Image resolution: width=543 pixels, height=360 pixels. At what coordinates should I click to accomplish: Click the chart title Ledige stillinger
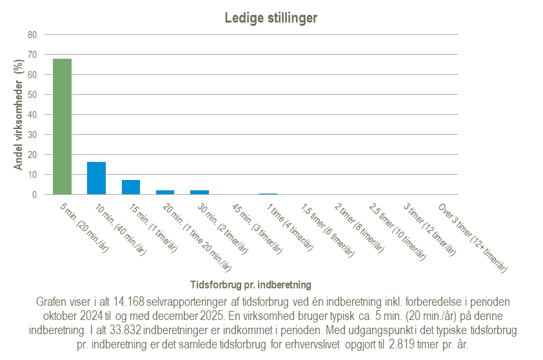(x=271, y=18)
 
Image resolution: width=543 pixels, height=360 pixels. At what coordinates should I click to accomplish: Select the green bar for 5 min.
(x=62, y=126)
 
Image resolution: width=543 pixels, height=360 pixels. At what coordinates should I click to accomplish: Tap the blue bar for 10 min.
(x=96, y=178)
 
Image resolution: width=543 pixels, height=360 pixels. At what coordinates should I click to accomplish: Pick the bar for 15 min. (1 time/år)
(x=131, y=187)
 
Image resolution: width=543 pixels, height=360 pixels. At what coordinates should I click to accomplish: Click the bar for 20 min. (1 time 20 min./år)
(x=165, y=192)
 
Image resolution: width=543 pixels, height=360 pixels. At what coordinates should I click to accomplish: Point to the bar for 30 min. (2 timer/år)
(x=199, y=192)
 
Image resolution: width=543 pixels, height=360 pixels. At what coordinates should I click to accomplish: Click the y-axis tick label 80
(x=32, y=35)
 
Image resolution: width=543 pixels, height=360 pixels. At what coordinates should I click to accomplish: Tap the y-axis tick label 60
(x=32, y=75)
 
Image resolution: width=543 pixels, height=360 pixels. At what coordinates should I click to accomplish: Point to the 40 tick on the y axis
(x=32, y=115)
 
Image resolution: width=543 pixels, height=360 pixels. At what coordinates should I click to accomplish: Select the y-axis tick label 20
(x=32, y=155)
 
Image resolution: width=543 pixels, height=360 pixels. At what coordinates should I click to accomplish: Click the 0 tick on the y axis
(x=34, y=194)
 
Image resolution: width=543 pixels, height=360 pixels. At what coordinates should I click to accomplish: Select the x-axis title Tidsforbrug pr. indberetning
(x=251, y=284)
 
